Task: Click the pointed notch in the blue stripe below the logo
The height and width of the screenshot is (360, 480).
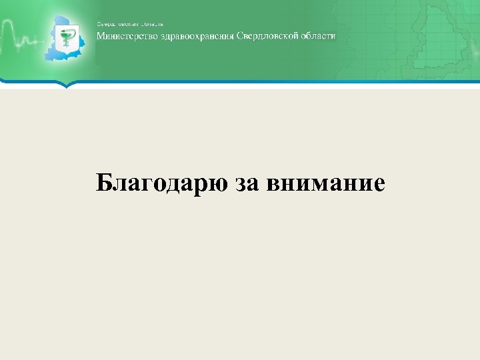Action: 65,85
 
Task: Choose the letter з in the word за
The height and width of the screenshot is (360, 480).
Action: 240,184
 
